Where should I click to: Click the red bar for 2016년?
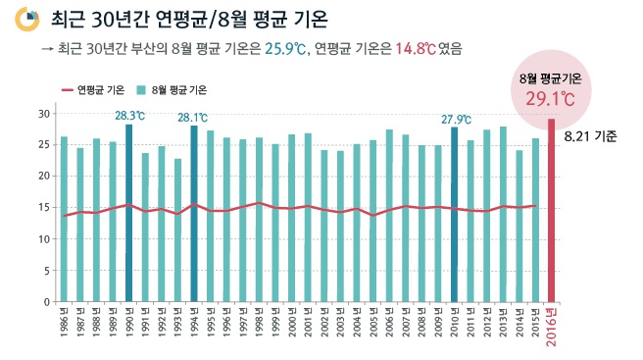pyautogui.click(x=551, y=210)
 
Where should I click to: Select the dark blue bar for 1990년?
pyautogui.click(x=129, y=213)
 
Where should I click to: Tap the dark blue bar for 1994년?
pyautogui.click(x=194, y=213)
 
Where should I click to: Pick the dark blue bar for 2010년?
pyautogui.click(x=454, y=214)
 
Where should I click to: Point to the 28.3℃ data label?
pyautogui.click(x=129, y=116)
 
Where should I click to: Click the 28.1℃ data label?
pyautogui.click(x=193, y=118)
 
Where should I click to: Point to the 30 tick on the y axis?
pyautogui.click(x=43, y=114)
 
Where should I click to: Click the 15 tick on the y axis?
pyautogui.click(x=43, y=207)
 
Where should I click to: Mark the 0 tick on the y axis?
pyautogui.click(x=46, y=301)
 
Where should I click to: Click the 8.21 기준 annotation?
pyautogui.click(x=591, y=136)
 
